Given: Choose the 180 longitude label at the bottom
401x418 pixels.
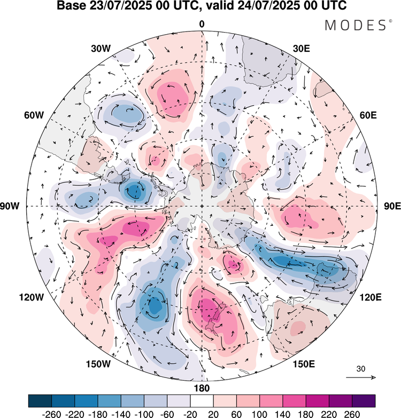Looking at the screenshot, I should pos(202,388).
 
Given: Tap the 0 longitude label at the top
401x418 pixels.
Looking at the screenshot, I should pos(202,24).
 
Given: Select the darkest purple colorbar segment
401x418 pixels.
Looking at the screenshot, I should pos(364,400).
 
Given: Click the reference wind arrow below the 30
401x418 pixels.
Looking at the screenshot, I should pos(360,377).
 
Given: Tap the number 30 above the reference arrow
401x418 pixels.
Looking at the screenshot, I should pos(361,368).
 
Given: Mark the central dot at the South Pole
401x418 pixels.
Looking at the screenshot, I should pos(202,206).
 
